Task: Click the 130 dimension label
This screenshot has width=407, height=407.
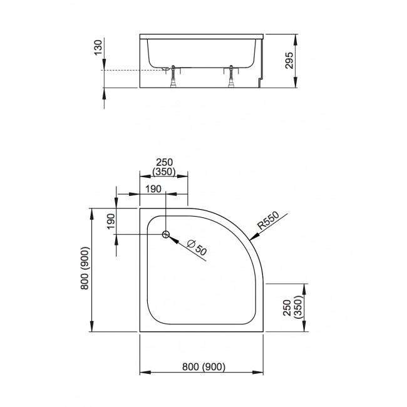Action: click(x=98, y=48)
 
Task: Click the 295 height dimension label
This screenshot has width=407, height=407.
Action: click(x=289, y=61)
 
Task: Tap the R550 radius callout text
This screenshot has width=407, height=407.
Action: click(x=269, y=220)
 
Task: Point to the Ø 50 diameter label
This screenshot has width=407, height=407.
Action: click(x=197, y=248)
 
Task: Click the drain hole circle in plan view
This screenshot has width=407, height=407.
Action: click(x=165, y=234)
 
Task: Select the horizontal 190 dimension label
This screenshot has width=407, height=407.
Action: click(x=153, y=189)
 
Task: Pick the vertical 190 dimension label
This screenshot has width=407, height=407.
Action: click(x=111, y=221)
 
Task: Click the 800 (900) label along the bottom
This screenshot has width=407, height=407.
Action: click(x=203, y=367)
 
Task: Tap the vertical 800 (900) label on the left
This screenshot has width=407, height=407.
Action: click(x=85, y=268)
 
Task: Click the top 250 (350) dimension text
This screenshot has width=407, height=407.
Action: click(x=164, y=167)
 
